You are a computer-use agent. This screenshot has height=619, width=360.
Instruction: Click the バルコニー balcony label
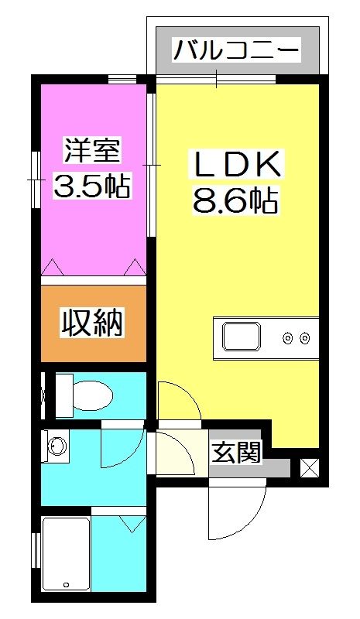pos(235,51)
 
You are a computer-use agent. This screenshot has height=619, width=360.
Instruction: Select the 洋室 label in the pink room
pos(92,149)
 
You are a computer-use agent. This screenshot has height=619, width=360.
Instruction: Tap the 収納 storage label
pos(93,323)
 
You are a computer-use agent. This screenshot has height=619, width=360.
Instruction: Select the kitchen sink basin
pos(242,337)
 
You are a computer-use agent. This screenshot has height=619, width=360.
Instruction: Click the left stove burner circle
pos(288,337)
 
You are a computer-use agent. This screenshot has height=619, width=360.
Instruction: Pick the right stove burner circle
pos(304,337)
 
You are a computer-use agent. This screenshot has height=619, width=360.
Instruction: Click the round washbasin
pos(56,446)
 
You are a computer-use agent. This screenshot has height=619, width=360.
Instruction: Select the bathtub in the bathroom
pos(66,554)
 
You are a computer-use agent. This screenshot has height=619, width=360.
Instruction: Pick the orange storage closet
pos(93,323)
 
